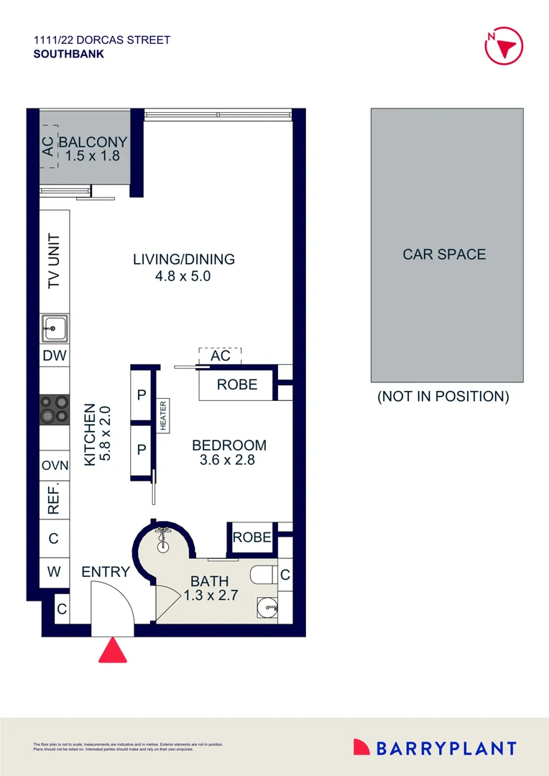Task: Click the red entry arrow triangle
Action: point(112,651)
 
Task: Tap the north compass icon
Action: point(502,45)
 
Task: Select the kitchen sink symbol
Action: point(55,329)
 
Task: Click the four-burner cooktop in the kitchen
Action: point(55,409)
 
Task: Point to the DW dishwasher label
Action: point(55,356)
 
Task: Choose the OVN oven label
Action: point(55,466)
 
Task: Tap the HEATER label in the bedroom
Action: point(163,415)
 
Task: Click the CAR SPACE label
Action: point(444,254)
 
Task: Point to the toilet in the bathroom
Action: point(263,575)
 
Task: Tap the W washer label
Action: point(54,573)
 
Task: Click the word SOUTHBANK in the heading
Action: point(68,53)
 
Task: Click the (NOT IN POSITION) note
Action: point(443,397)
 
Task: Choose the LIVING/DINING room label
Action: point(184,259)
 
